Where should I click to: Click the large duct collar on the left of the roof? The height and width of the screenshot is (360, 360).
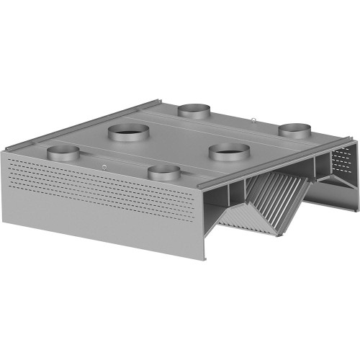[129, 132]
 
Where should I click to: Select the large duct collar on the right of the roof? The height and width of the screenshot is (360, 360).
[230, 151]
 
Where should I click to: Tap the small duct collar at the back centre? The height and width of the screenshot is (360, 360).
[194, 109]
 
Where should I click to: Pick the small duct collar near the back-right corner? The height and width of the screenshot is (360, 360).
[295, 130]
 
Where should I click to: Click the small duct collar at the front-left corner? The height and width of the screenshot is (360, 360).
[63, 153]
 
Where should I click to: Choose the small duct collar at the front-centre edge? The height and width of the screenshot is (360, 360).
[164, 173]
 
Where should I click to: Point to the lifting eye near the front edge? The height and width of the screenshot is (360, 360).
[105, 168]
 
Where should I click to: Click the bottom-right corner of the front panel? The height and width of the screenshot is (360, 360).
[206, 260]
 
